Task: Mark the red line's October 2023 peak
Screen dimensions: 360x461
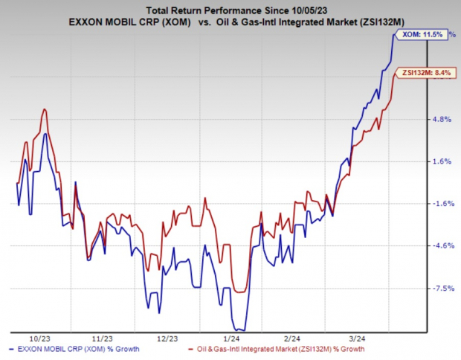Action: pyautogui.click(x=45, y=109)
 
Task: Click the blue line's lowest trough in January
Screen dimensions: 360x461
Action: pyautogui.click(x=240, y=330)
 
